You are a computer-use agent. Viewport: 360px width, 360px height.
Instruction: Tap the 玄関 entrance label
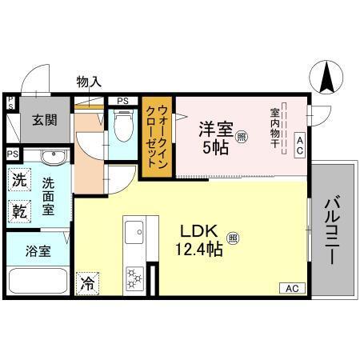tap(44, 120)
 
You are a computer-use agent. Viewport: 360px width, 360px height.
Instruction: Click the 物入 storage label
tap(88, 82)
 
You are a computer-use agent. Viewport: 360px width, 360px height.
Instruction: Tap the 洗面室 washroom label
tap(50, 196)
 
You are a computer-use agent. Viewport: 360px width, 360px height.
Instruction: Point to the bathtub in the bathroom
tap(38, 282)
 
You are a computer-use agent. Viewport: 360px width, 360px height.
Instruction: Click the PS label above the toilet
tap(122, 100)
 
